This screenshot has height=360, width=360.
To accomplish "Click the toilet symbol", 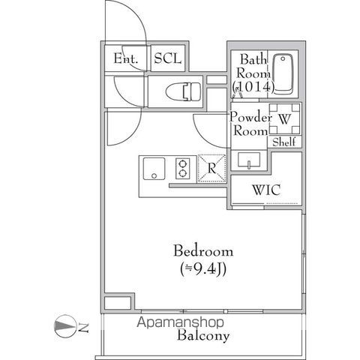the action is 184,91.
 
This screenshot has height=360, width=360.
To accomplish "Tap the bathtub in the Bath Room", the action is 283,73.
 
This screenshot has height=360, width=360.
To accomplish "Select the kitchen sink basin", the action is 154,169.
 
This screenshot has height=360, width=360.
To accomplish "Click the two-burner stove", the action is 183,169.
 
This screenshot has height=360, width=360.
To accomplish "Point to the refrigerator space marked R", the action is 211,168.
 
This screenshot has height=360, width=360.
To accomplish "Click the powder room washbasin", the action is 249,160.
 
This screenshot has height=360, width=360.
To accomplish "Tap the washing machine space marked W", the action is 284,118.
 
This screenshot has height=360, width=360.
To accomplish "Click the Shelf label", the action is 284,142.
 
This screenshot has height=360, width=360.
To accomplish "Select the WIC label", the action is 266,190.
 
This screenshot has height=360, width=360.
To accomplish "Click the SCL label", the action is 168,58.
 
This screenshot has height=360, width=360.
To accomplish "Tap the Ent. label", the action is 126,58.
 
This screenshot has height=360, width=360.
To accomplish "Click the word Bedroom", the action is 203,250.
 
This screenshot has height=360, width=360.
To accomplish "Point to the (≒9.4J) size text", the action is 203,269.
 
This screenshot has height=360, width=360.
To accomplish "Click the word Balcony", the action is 203,335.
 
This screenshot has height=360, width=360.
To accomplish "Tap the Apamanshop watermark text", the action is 180,322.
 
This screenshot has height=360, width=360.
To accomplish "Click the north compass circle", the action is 65,326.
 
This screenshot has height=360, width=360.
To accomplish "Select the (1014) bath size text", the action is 253,87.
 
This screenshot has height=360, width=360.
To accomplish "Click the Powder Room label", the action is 250,124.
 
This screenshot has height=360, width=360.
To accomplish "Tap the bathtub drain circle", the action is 283,58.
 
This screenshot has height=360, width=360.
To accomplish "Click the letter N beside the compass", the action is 83,327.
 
